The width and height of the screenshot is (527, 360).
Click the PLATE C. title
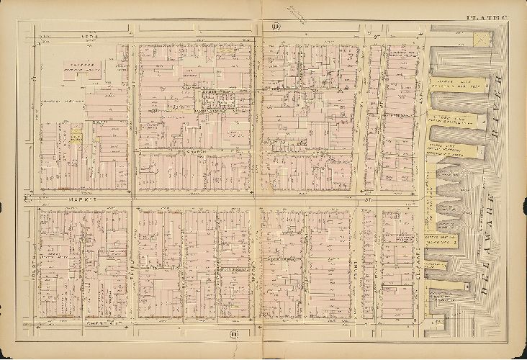485,18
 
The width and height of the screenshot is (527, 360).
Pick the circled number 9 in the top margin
276,27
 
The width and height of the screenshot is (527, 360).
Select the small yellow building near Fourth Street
76,135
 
